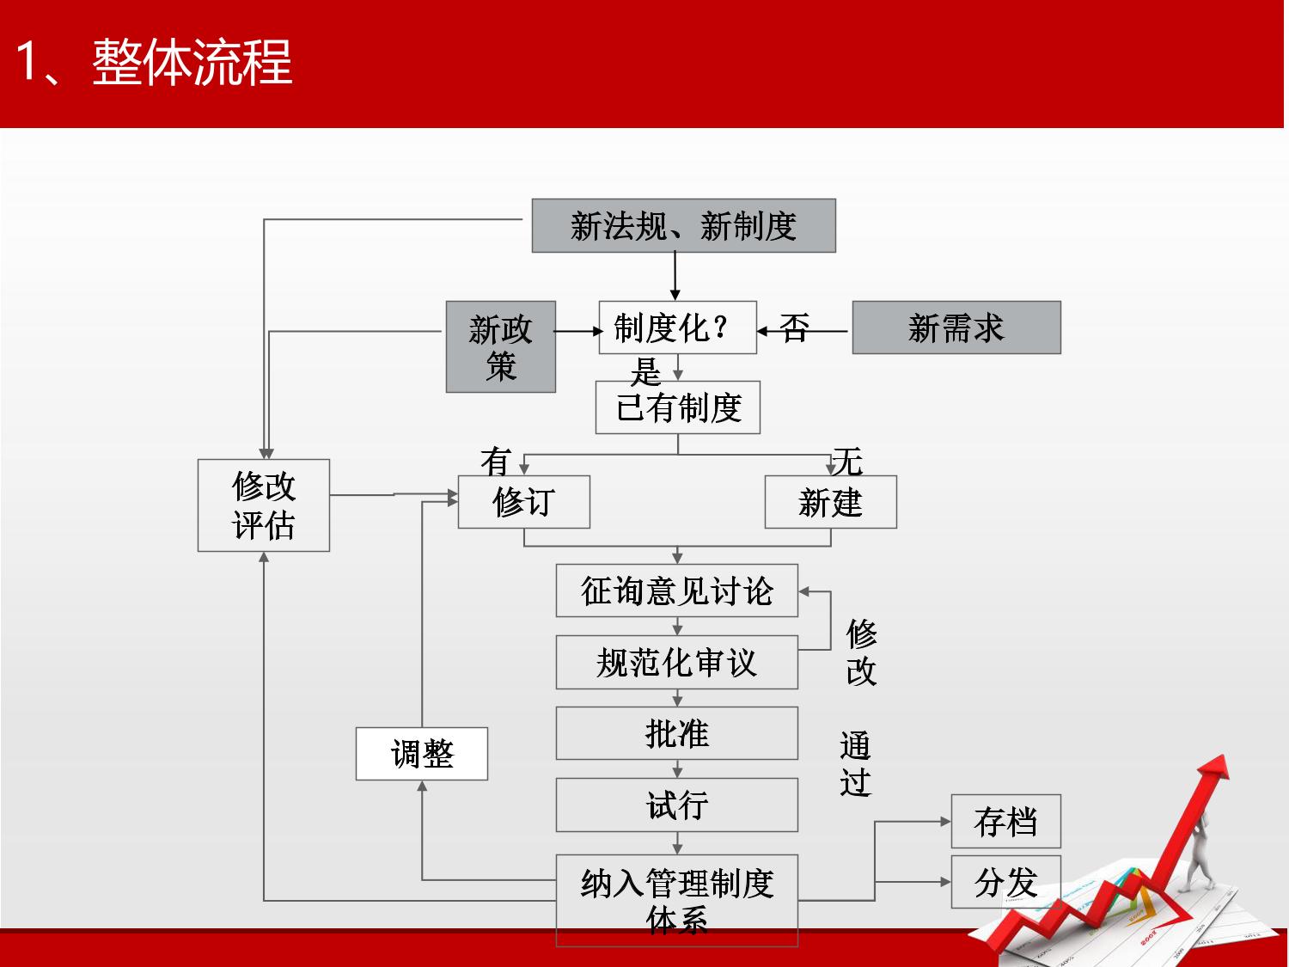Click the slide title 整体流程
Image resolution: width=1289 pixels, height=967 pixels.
155,62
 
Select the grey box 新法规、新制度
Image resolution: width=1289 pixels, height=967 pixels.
683,226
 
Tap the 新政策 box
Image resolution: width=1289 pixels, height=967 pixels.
500,346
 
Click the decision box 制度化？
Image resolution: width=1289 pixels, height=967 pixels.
677,327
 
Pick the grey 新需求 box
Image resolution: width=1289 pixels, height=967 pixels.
956,327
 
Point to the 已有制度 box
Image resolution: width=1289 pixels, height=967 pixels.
677,407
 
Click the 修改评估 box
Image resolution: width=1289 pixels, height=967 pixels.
263,505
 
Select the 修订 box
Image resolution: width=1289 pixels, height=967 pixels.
523,502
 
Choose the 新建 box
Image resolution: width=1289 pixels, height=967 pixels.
830,502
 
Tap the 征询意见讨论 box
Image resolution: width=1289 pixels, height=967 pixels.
676,591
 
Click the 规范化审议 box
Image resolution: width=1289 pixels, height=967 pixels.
676,662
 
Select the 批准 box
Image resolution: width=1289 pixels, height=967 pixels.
676,733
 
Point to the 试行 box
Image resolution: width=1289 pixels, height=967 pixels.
676,805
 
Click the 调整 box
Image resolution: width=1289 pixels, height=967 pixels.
421,754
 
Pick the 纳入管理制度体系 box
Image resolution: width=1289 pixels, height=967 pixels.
676,900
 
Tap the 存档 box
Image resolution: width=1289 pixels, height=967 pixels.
1005,822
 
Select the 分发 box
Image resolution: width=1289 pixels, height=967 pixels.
1005,882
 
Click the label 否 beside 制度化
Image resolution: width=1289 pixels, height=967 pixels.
794,327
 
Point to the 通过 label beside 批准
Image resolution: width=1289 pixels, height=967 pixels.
855,764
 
